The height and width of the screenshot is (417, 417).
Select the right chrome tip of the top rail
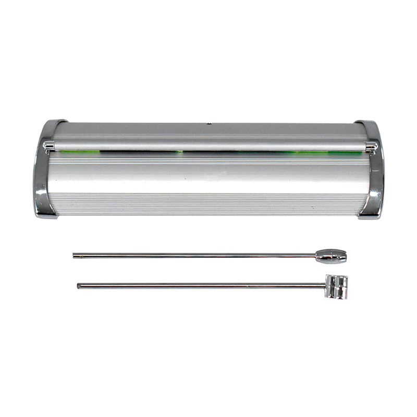pyautogui.click(x=371, y=146)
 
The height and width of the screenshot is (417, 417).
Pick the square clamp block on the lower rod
pyautogui.click(x=336, y=286)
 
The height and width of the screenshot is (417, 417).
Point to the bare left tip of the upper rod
pyautogui.click(x=75, y=255)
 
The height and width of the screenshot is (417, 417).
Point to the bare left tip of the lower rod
pyautogui.click(x=80, y=285)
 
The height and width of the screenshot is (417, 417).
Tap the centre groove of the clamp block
pyautogui.click(x=337, y=286)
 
